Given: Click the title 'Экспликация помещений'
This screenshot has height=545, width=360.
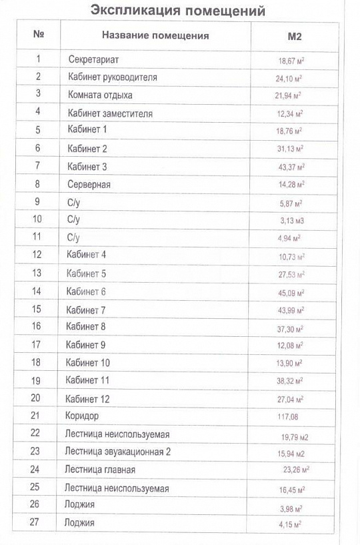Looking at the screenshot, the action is point(177,11).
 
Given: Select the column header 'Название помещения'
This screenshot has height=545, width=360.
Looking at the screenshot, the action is point(155,36).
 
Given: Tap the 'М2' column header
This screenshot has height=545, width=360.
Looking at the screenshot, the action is point(293,36).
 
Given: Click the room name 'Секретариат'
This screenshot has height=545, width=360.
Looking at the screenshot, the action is point(93,59).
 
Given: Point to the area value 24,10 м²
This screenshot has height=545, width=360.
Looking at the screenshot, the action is point(291,78).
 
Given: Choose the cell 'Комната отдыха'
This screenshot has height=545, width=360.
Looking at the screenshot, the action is point(100,95).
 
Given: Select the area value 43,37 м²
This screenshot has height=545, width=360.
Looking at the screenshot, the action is point(291,167).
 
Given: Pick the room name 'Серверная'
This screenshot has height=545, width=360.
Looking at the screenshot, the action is point(89,184).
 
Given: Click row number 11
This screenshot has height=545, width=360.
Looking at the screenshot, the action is point(37,237).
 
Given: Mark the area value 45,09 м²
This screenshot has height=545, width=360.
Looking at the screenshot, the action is point(291,292).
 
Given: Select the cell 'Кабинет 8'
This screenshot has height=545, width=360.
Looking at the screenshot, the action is point(86,326).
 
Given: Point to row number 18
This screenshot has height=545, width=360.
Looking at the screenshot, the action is point(36,362).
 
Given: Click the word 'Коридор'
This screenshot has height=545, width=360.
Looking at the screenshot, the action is point(82,416).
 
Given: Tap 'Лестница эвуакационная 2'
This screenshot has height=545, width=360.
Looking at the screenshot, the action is point(118,452).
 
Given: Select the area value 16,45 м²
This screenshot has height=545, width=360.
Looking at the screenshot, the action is point(291,489).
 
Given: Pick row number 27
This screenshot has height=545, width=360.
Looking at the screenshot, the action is point(35,522).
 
